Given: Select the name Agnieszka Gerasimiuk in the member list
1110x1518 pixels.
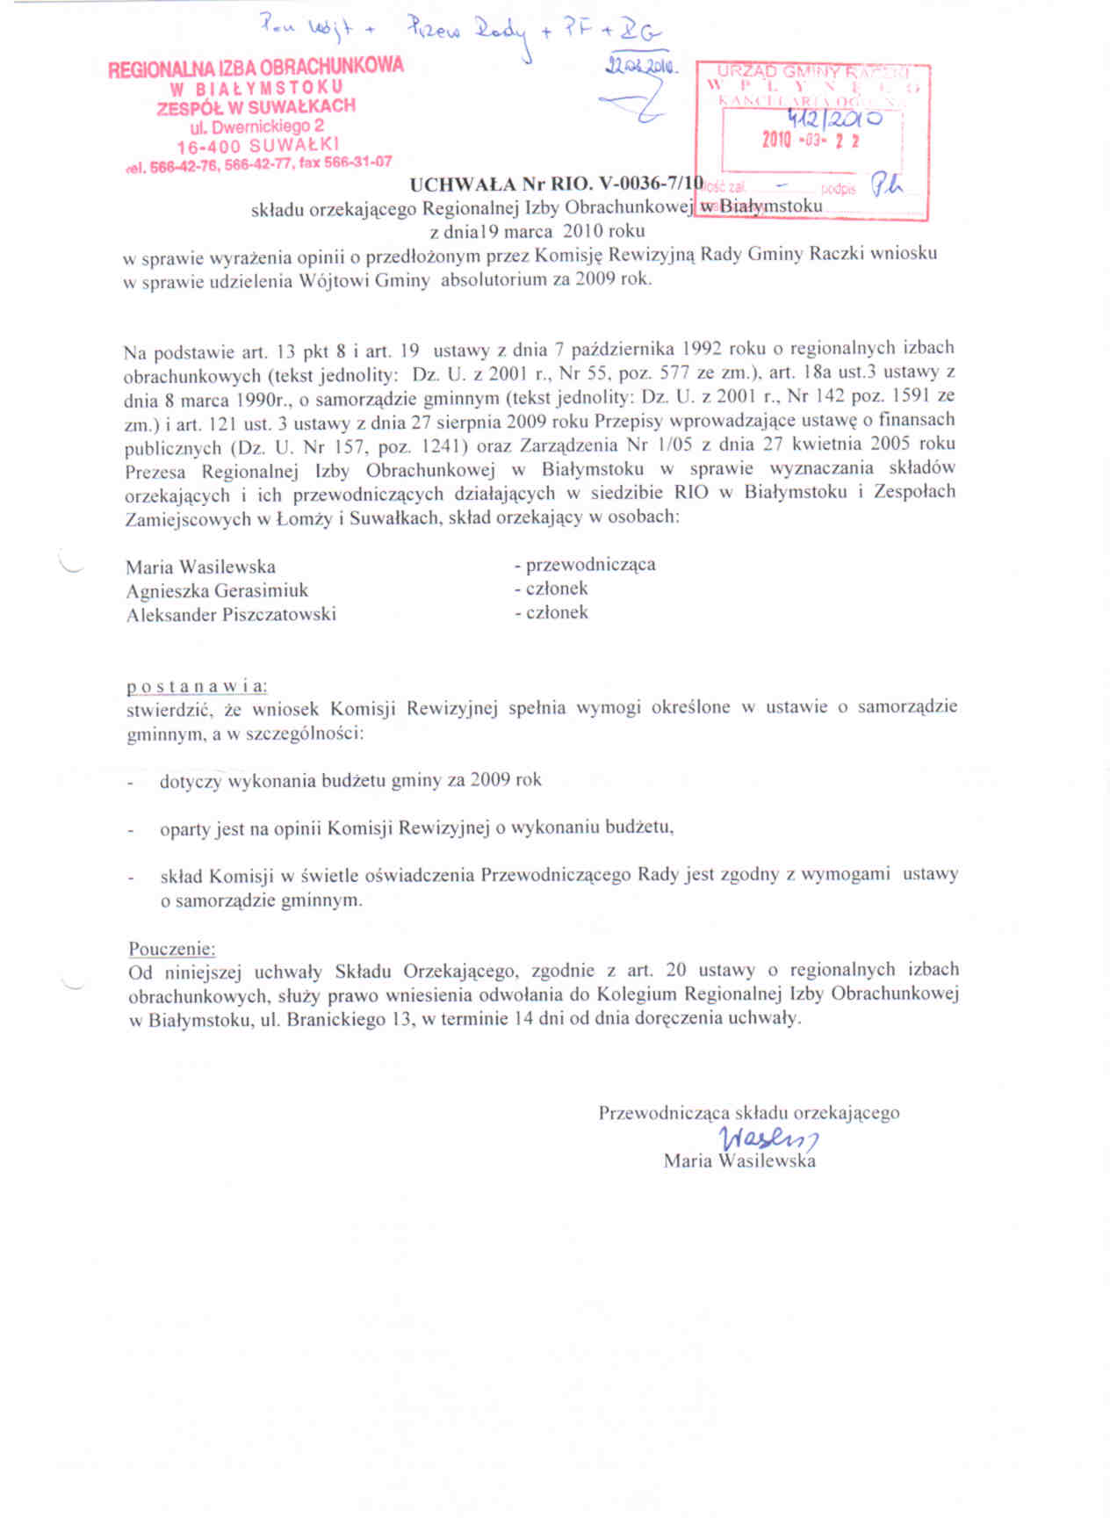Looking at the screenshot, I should pyautogui.click(x=217, y=591).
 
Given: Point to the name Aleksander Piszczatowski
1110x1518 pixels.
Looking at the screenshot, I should pyautogui.click(x=231, y=615).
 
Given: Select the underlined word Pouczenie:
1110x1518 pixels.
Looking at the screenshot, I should pyautogui.click(x=172, y=949).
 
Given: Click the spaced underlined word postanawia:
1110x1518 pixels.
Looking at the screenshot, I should pyautogui.click(x=197, y=685).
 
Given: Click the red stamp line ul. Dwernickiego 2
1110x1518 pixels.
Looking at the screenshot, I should pyautogui.click(x=256, y=126).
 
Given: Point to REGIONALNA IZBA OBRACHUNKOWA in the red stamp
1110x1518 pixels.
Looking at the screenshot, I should pyautogui.click(x=256, y=68).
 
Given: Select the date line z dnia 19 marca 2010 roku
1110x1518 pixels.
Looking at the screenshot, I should pyautogui.click(x=537, y=231).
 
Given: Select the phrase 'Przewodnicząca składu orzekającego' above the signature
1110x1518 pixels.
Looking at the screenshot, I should pyautogui.click(x=749, y=1113).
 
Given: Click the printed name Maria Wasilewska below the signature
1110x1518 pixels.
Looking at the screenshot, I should pyautogui.click(x=739, y=1161).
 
